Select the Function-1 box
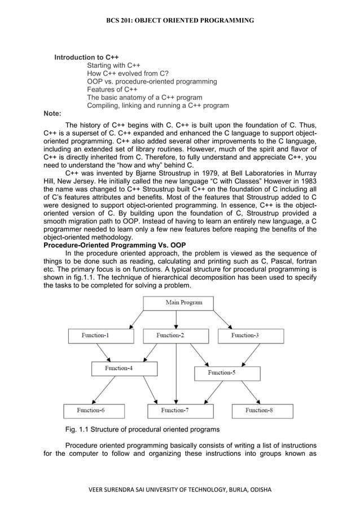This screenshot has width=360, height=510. (x=101, y=336)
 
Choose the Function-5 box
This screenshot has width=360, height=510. (x=227, y=373)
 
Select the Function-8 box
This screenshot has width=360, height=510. (x=262, y=411)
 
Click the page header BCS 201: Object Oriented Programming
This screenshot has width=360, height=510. (x=180, y=20)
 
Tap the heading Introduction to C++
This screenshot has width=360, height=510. (x=86, y=58)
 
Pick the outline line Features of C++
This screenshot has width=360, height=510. (x=112, y=89)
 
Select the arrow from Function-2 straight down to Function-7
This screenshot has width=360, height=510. (x=177, y=373)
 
